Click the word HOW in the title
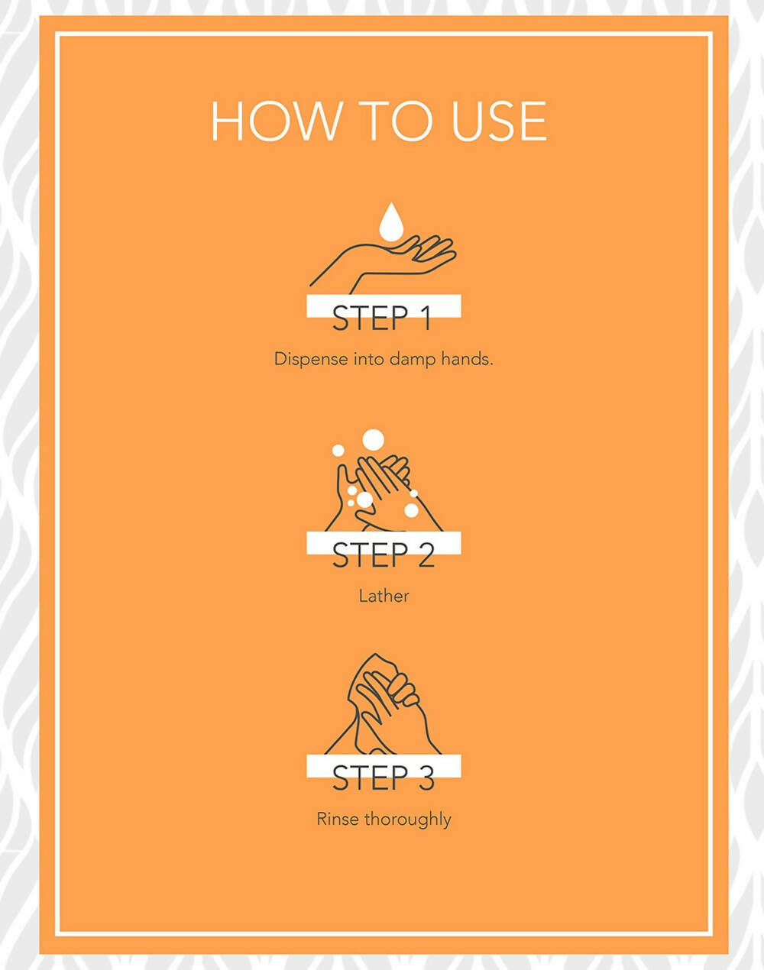tap(276, 121)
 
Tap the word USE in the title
tap(499, 121)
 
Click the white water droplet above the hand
tap(390, 221)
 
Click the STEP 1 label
tap(382, 318)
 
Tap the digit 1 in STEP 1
tap(425, 318)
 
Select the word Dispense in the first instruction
tap(311, 359)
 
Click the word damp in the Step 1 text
tap(413, 359)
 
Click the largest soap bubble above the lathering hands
tap(373, 439)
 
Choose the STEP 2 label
tap(384, 555)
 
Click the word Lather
tap(384, 597)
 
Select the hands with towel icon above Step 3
tap(383, 704)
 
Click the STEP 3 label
tap(384, 778)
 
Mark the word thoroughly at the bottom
tap(408, 820)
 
